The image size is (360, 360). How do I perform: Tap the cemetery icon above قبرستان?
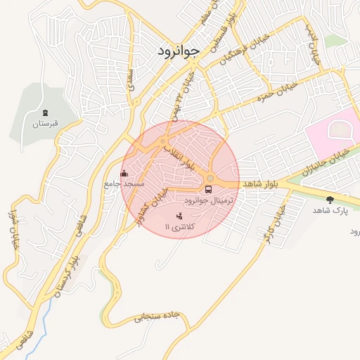tap(46, 112)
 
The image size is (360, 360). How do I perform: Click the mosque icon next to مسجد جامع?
tap(125, 173)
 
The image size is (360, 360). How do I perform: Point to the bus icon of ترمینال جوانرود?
tap(209, 189)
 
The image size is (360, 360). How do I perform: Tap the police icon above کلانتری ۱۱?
tap(179, 215)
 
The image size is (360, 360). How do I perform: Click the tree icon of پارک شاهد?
tap(330, 200)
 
